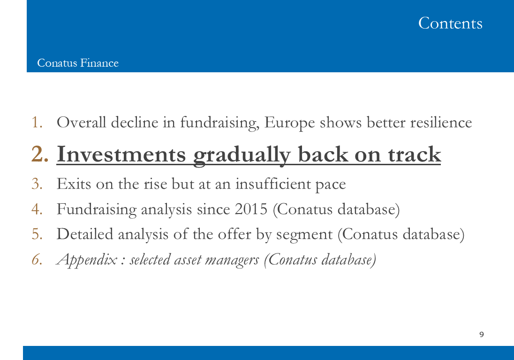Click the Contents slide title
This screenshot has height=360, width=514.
click(450, 23)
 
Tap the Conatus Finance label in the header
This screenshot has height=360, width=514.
click(78, 63)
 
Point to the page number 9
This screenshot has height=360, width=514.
click(482, 334)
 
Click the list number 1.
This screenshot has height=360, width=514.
click(37, 123)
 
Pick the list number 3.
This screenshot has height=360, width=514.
click(37, 184)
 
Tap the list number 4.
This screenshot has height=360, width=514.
click(37, 209)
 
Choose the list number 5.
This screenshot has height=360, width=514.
click(37, 234)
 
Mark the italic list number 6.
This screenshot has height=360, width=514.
click(37, 260)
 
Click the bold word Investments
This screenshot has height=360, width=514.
click(121, 154)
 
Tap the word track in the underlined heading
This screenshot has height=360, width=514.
click(415, 154)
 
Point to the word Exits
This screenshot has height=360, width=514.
click(74, 184)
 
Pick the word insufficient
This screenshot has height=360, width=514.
click(273, 184)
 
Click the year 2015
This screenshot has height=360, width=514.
click(251, 209)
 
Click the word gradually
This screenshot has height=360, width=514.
click(242, 155)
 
